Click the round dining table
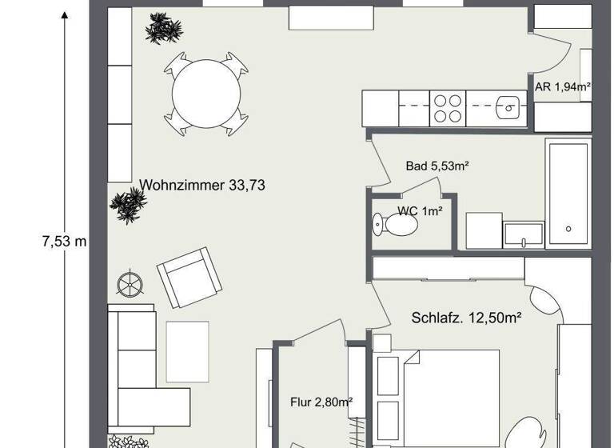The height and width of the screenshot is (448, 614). tap(206, 93)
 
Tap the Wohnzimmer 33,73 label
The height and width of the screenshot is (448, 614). tap(202, 186)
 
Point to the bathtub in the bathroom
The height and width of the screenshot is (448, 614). tap(568, 192)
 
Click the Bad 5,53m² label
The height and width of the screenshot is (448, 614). tap(437, 166)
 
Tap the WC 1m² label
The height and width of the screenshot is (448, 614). tap(420, 211)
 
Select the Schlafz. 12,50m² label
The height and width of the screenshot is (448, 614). tap(466, 318)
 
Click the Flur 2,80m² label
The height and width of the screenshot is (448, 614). tap(321, 402)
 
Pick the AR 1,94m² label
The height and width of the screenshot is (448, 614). tap(562, 86)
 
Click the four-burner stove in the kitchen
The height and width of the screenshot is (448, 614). tap(449, 109)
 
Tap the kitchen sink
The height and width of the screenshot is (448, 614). tap(508, 108)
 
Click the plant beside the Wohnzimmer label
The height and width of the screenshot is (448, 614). tap(128, 206)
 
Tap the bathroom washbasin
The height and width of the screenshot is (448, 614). tap(523, 235)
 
